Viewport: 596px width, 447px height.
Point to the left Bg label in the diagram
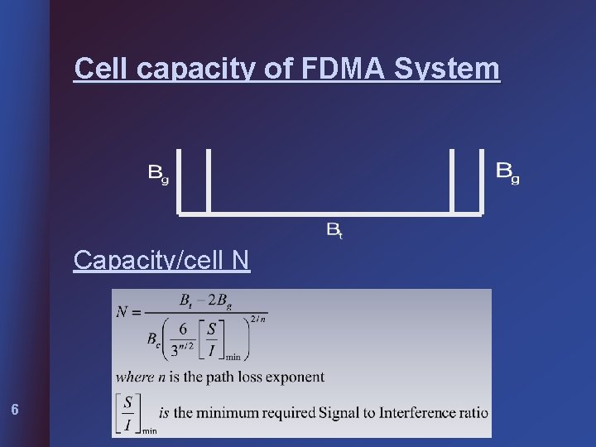pos(158,173)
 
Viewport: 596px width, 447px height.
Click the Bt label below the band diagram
pos(334,229)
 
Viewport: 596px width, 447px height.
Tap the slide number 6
pos(14,409)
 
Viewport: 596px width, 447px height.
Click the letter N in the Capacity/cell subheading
pos(240,260)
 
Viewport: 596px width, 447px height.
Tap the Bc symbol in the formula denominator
pos(154,339)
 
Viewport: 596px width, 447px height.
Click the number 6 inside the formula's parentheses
pos(183,329)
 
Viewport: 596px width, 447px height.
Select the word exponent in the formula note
pos(296,377)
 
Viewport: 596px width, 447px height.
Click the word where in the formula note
pos(134,377)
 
